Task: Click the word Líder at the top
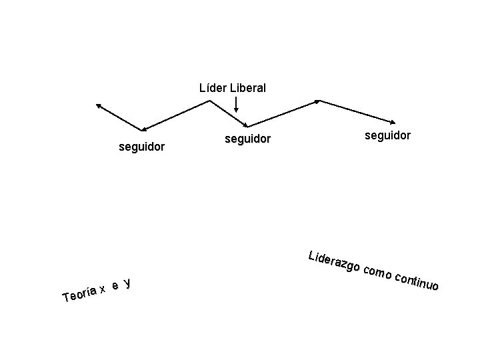pyautogui.click(x=213, y=87)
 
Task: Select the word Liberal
pyautogui.click(x=247, y=87)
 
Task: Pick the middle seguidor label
pyautogui.click(x=247, y=139)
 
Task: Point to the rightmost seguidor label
pyautogui.click(x=387, y=135)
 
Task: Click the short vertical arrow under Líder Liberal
pyautogui.click(x=237, y=105)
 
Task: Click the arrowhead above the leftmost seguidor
pyautogui.click(x=141, y=129)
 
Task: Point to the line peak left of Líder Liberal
pyautogui.click(x=211, y=101)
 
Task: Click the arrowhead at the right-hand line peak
pyautogui.click(x=317, y=101)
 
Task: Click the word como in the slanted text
pyautogui.click(x=379, y=273)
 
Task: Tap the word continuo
pyautogui.click(x=417, y=281)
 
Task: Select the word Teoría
pyautogui.click(x=79, y=294)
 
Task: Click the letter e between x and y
pyautogui.click(x=115, y=286)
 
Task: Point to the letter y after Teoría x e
pyautogui.click(x=127, y=283)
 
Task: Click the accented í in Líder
pyautogui.click(x=207, y=87)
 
